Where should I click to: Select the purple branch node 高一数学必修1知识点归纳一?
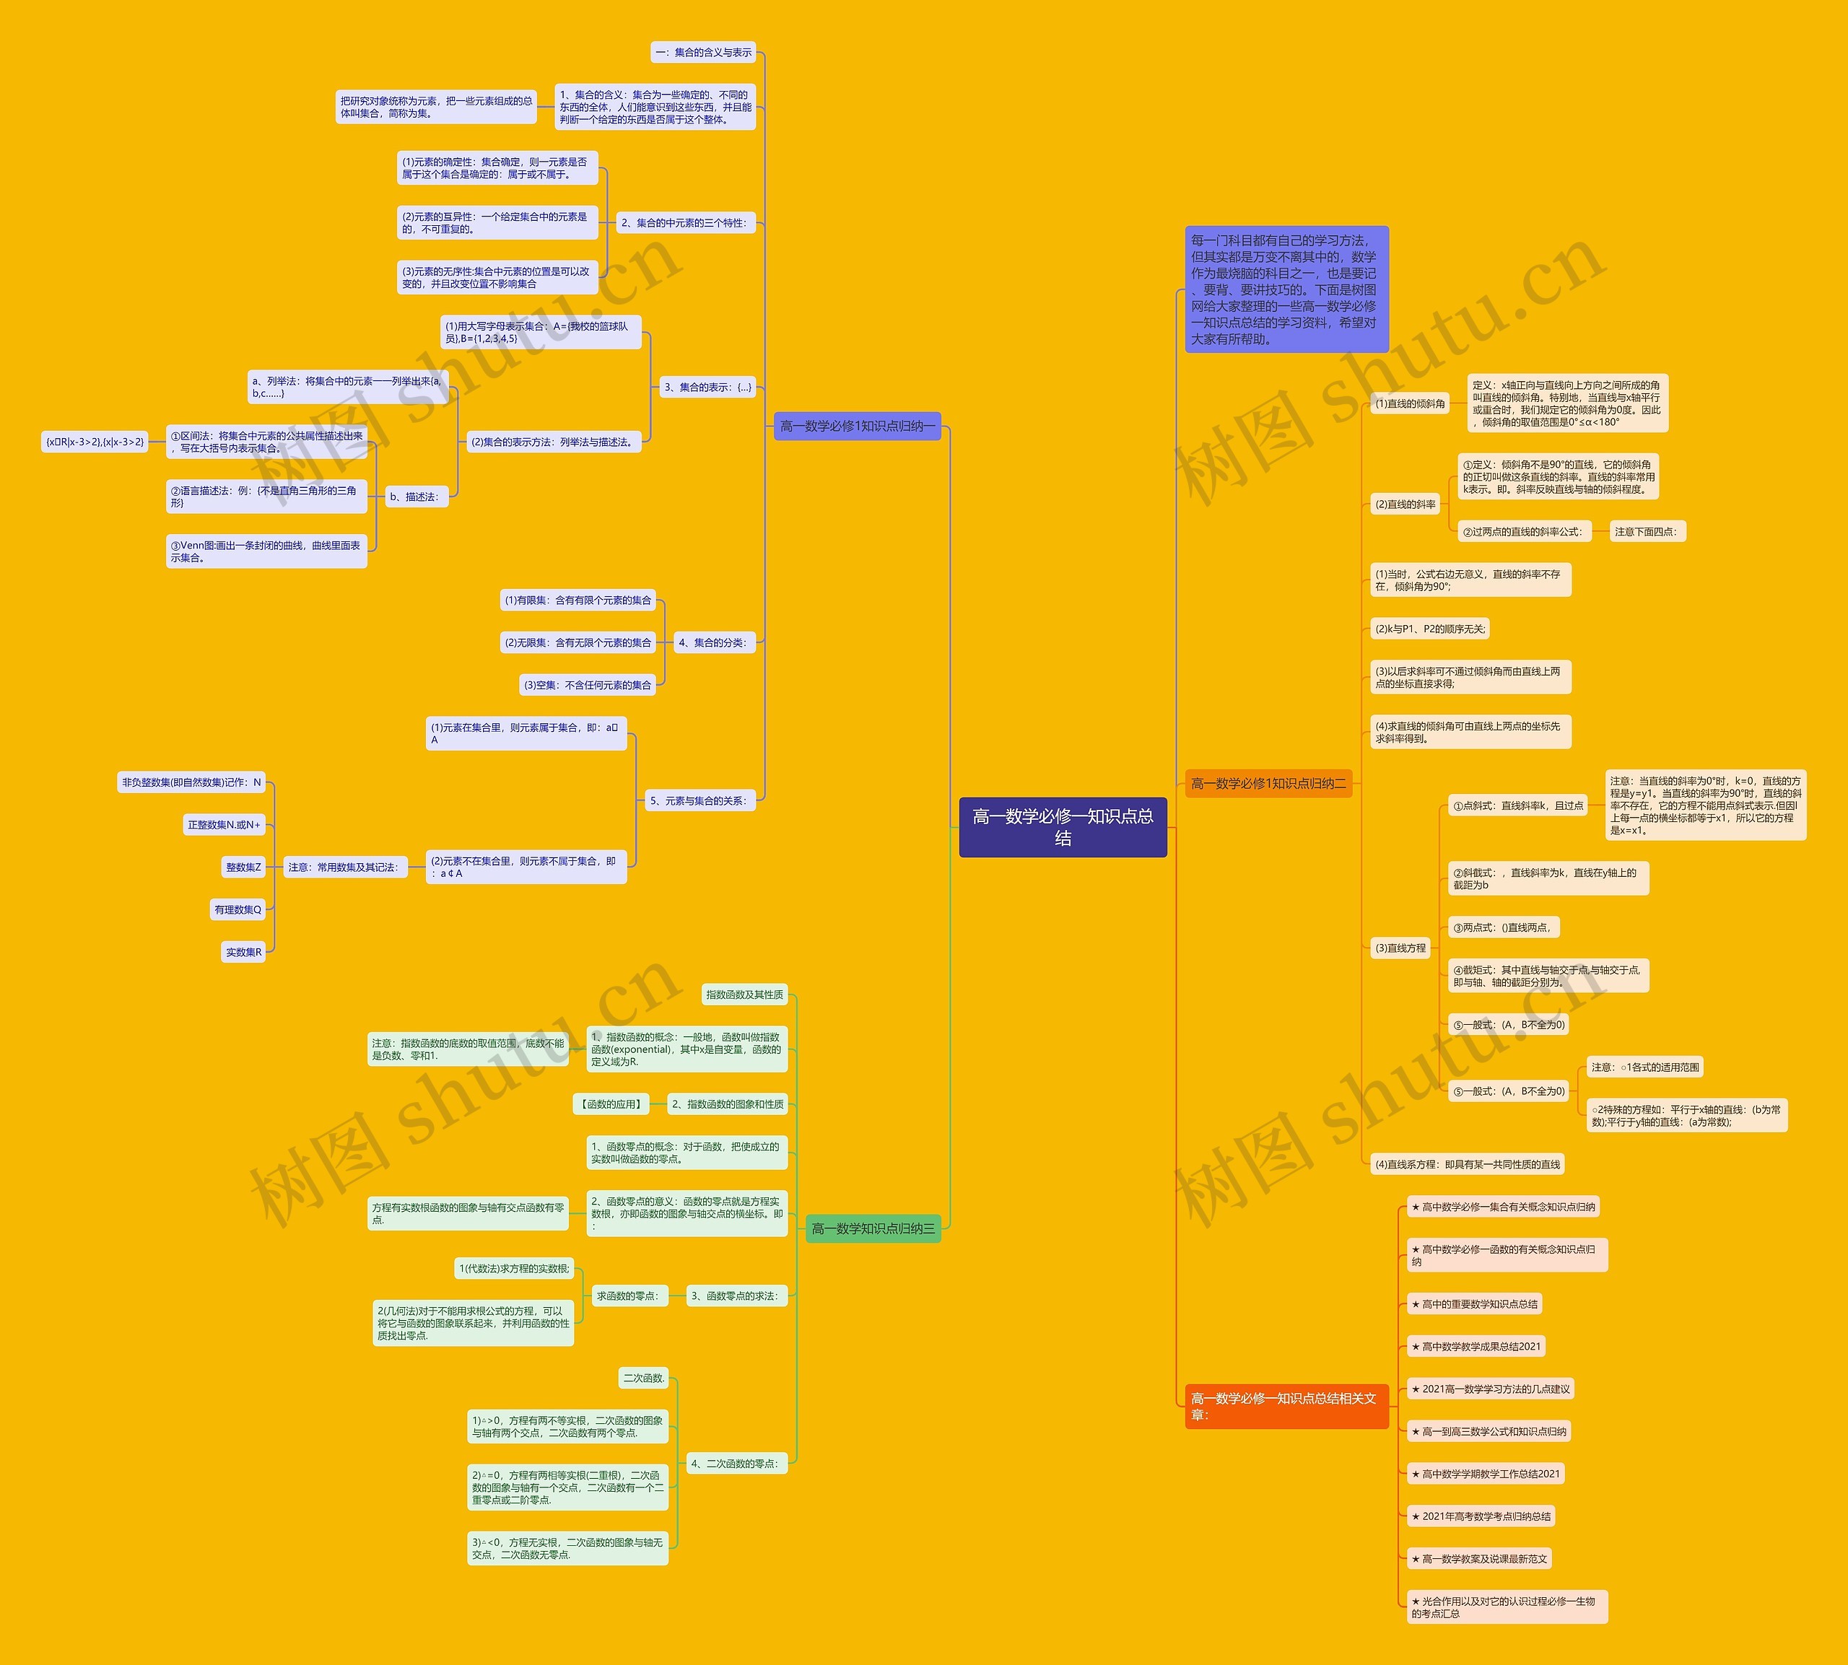(857, 427)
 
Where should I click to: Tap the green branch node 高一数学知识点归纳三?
(873, 1228)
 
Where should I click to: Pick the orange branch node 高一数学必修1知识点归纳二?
(1268, 783)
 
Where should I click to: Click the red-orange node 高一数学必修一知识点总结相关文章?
(1286, 1406)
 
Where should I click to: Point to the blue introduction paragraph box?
(1286, 289)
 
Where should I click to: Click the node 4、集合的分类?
(712, 642)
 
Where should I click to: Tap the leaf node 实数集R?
(243, 953)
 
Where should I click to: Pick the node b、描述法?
(414, 497)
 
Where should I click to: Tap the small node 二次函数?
(644, 1378)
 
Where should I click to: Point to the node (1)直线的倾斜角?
(1410, 403)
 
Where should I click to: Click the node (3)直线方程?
(1400, 948)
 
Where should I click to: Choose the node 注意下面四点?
(1646, 531)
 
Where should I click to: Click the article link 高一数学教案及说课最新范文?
(1479, 1559)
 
